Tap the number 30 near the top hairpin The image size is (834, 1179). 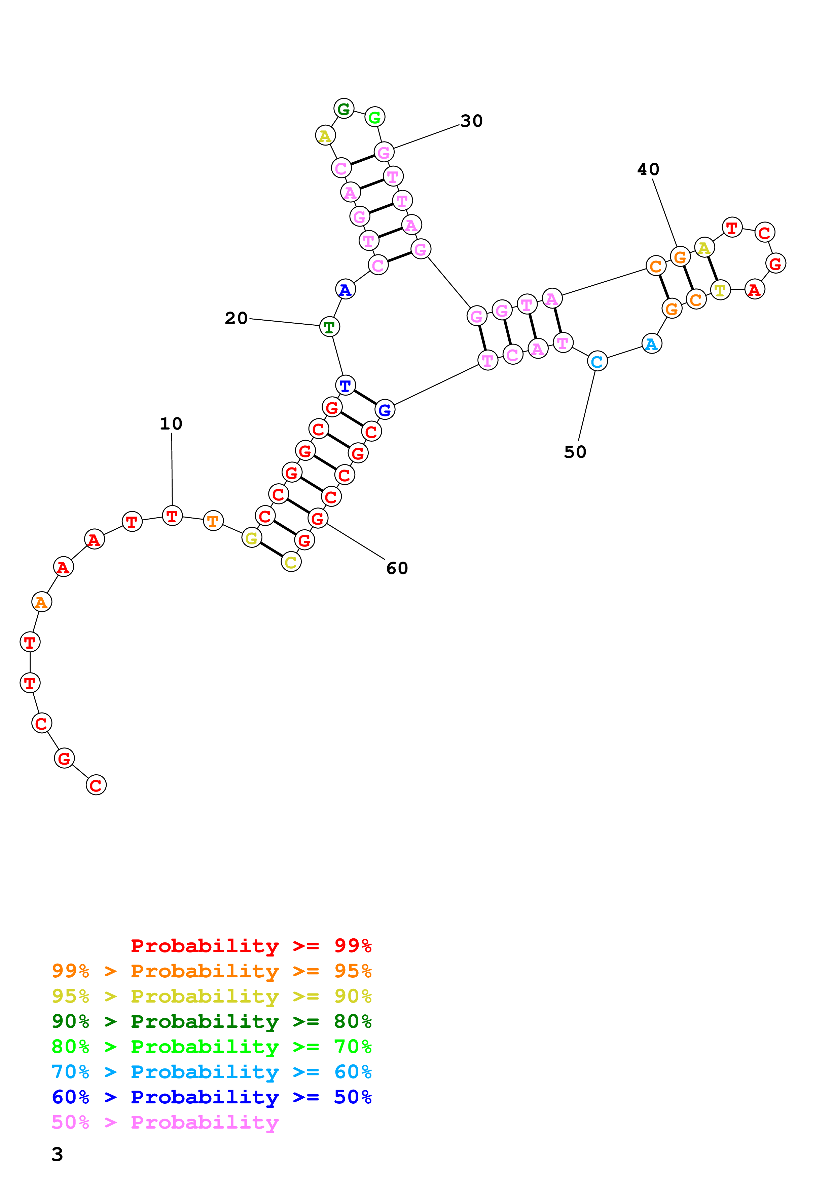471,121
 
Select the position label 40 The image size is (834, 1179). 648,169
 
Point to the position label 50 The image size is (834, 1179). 575,452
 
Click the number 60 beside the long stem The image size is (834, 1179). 397,568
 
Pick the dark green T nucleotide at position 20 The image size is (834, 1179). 329,327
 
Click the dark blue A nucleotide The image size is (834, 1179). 345,290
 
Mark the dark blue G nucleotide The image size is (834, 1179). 385,410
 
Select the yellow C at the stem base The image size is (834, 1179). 291,562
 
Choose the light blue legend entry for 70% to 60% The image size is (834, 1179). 211,1072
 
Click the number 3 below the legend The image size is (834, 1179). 57,1154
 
